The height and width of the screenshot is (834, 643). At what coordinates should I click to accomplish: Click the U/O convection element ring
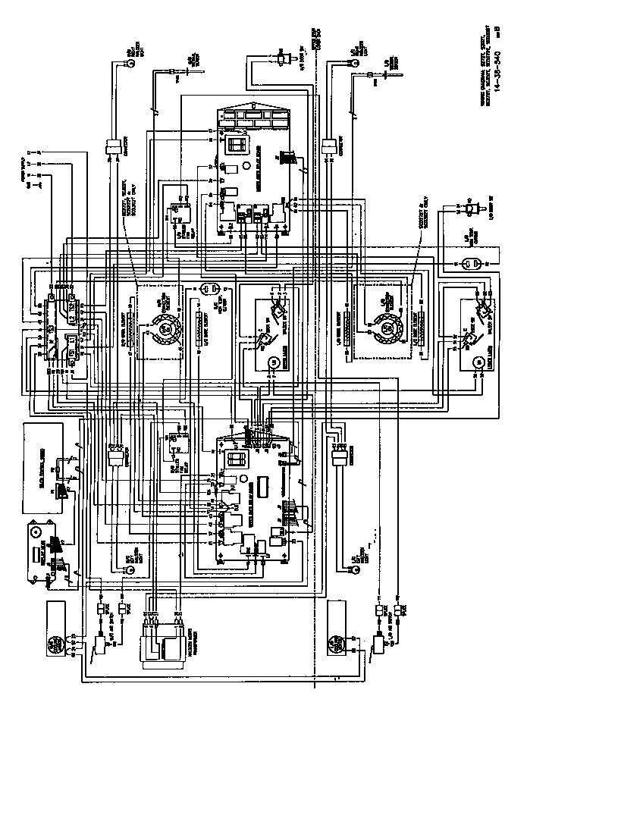click(x=164, y=328)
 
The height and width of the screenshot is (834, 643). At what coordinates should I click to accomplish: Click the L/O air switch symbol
click(x=377, y=644)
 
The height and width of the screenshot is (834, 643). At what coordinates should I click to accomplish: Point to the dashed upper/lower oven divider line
click(x=315, y=379)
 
